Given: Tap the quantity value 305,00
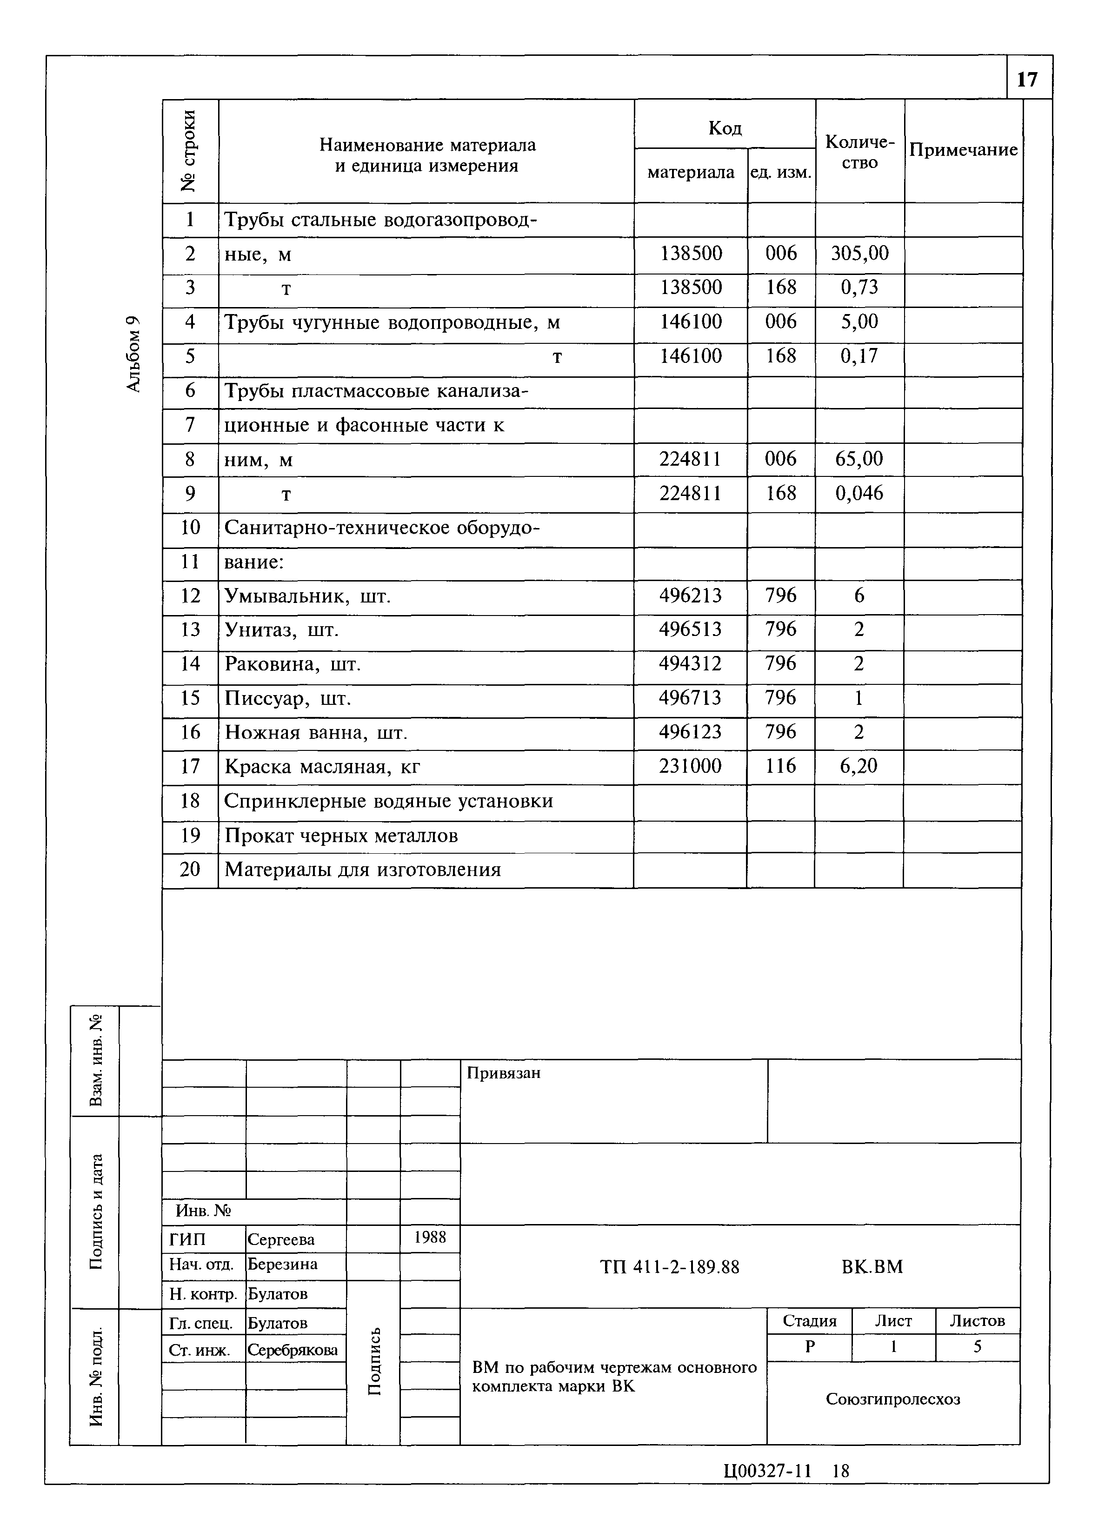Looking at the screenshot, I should coord(859,254).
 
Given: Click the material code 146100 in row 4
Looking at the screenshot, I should coord(690,322).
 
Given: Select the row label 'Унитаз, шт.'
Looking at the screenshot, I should coord(281,630).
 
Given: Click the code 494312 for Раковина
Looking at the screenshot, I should coord(690,664).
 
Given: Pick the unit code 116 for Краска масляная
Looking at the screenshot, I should coord(781,766).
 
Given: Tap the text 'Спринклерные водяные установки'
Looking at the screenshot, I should coord(388,801).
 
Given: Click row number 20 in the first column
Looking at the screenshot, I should coord(190,870).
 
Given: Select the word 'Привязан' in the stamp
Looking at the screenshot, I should coord(504,1073).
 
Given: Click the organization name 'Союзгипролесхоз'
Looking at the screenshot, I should coord(892,1399).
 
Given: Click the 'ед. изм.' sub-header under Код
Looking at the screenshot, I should coord(781,173).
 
